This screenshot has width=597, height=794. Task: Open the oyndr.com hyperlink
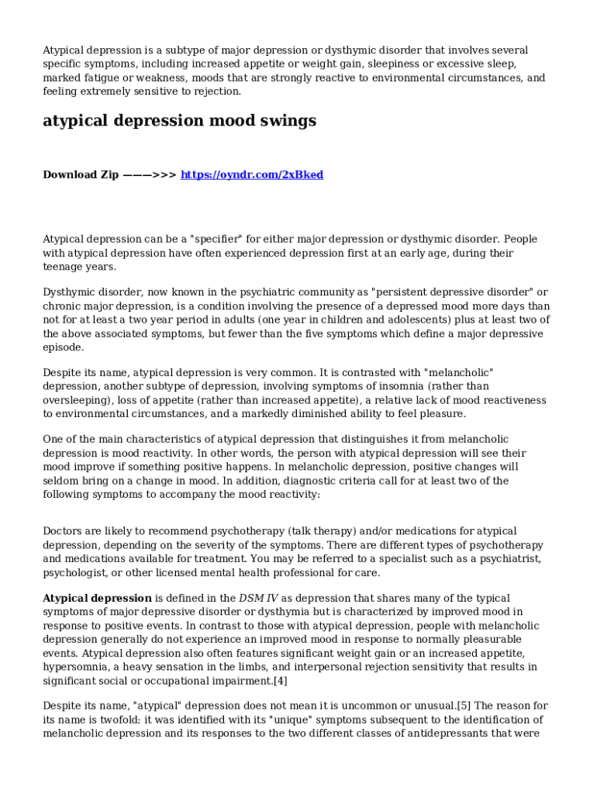coord(252,174)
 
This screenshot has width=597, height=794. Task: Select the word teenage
coord(64,267)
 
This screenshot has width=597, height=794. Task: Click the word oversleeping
coord(77,400)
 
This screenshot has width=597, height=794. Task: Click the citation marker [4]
coord(280,681)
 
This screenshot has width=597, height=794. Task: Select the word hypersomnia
coord(78,667)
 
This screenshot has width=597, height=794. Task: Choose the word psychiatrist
coord(505,559)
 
